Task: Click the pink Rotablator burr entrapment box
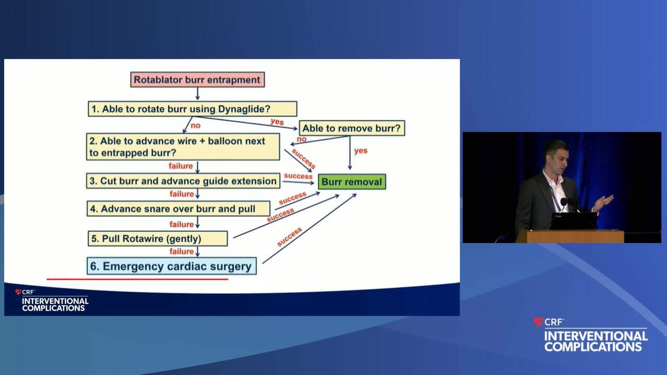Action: click(x=197, y=80)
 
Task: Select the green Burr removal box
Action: click(x=352, y=182)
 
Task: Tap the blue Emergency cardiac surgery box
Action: click(x=171, y=266)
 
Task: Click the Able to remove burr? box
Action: click(x=352, y=128)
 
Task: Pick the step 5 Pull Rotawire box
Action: click(x=158, y=239)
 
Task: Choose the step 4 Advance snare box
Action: click(x=179, y=209)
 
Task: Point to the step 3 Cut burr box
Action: click(x=183, y=181)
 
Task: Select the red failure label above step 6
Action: click(x=182, y=252)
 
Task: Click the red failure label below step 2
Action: click(x=181, y=166)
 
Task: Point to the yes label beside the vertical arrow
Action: click(x=361, y=151)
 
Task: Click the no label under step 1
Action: click(x=195, y=126)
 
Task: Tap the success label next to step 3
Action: click(x=298, y=176)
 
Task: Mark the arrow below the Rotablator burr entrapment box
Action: click(x=197, y=94)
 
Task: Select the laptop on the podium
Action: click(x=574, y=220)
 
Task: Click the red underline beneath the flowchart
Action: click(x=137, y=279)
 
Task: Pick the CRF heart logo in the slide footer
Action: click(x=18, y=292)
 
